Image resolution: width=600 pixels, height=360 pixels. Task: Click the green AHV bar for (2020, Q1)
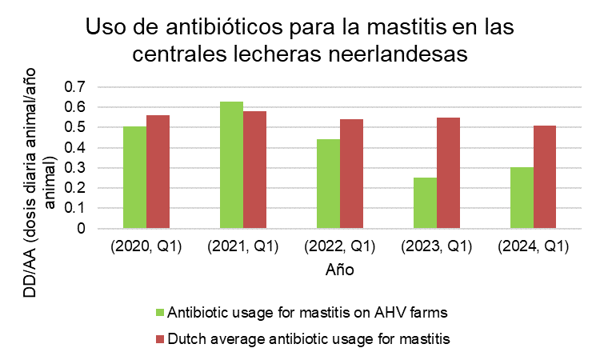(134, 178)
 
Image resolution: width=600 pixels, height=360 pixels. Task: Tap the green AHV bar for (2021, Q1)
(231, 165)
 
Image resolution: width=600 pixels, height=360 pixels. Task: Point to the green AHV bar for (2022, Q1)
(328, 184)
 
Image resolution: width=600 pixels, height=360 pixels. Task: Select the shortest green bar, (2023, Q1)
(425, 203)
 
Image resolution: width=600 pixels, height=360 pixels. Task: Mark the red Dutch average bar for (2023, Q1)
(449, 173)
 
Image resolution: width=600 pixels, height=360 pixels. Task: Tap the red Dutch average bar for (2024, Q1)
(546, 177)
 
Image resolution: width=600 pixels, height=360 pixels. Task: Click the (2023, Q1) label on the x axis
(437, 246)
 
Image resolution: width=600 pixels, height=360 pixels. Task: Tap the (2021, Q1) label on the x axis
(243, 246)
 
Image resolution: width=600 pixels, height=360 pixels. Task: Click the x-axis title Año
(340, 270)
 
